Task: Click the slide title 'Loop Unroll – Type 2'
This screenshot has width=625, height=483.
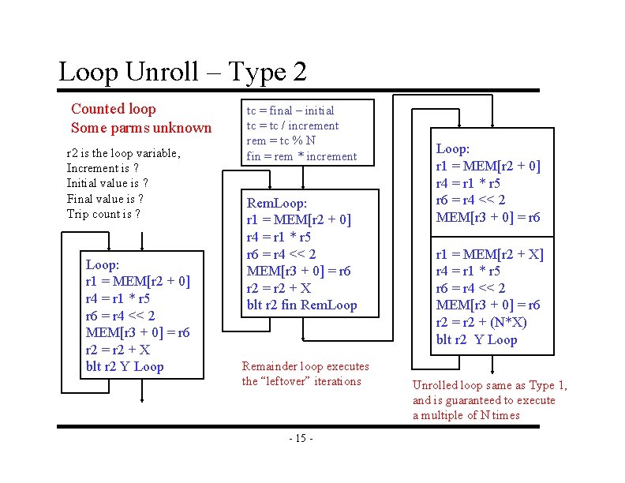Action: [182, 72]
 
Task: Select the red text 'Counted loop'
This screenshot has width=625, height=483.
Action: [114, 109]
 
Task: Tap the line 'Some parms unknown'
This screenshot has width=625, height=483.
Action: [141, 128]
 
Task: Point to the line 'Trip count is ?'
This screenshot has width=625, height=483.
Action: [103, 214]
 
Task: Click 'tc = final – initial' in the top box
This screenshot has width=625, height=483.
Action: [290, 110]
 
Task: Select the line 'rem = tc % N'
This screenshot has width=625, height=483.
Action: [281, 140]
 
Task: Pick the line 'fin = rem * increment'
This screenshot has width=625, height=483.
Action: [301, 156]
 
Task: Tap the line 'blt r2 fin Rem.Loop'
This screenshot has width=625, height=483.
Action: [301, 305]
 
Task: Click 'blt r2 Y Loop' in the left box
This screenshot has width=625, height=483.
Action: [125, 366]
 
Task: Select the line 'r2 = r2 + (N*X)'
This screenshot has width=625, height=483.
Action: [481, 323]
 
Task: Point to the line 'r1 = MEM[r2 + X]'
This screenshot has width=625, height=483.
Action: [489, 253]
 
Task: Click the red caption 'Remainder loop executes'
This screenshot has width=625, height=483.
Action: [305, 366]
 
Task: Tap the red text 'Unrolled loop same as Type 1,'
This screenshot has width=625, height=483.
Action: [489, 385]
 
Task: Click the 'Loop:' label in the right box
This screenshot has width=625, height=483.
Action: [453, 148]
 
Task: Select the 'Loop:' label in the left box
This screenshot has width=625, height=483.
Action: [103, 265]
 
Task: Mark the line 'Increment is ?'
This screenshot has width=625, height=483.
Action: [103, 168]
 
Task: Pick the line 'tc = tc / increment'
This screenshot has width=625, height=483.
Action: [293, 125]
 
